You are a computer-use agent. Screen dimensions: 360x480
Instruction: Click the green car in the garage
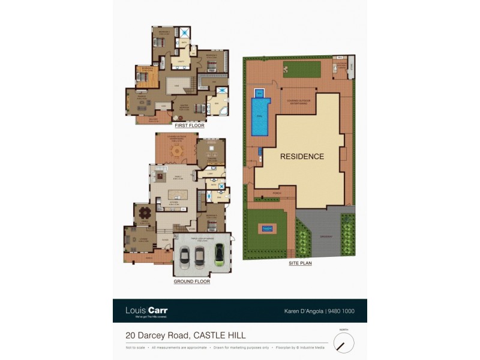[x=220, y=255]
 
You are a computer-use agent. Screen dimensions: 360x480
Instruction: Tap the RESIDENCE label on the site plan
[x=302, y=157]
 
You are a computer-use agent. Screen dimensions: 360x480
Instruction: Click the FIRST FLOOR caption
[x=190, y=126]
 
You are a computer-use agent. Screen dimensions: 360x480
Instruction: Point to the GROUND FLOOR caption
[x=191, y=281]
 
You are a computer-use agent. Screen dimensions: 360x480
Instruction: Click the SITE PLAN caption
[x=299, y=263]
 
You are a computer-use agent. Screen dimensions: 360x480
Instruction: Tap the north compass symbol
[x=344, y=343]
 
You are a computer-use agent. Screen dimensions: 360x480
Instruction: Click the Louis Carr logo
[x=146, y=311]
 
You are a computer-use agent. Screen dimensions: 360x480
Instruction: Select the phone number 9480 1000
[x=343, y=311]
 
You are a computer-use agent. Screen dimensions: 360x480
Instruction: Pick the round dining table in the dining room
[x=144, y=213]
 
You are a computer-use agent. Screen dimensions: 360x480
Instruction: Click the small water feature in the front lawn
[x=267, y=228]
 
